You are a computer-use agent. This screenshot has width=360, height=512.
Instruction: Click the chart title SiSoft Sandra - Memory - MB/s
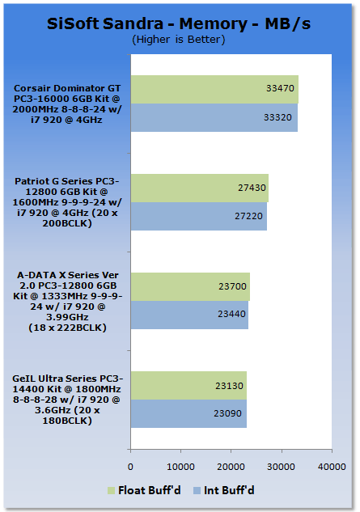click(179, 23)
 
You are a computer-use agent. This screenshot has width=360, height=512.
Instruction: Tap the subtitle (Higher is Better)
click(179, 40)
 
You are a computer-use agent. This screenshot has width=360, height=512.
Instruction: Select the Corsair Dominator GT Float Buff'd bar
click(214, 90)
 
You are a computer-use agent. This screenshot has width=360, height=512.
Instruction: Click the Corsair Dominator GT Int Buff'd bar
click(214, 118)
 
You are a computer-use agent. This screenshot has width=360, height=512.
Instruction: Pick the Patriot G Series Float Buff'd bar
click(200, 188)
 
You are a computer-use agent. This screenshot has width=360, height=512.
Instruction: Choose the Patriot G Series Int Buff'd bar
click(199, 216)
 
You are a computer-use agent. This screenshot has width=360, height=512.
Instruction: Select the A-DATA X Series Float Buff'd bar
click(190, 286)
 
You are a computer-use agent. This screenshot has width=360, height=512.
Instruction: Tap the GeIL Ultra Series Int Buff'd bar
click(188, 413)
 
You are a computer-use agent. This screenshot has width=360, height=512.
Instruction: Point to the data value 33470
click(280, 88)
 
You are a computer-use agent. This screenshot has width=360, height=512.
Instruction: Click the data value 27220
click(248, 216)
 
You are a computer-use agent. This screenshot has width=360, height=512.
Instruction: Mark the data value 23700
click(232, 286)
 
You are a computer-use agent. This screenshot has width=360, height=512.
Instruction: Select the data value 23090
click(227, 413)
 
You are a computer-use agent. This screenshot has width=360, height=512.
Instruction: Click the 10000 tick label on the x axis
click(180, 467)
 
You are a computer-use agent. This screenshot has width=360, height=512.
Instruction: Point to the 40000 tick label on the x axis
click(332, 467)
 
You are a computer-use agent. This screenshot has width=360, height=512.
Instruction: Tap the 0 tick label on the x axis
click(130, 467)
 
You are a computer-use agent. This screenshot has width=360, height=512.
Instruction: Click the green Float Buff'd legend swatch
click(111, 490)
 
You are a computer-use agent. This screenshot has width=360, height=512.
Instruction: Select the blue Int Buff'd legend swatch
click(197, 490)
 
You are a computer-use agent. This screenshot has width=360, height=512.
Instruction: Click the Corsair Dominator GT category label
click(67, 104)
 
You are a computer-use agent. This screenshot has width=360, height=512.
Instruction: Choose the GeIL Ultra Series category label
click(67, 400)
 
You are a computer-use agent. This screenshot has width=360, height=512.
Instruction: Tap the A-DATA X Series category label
click(68, 302)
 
